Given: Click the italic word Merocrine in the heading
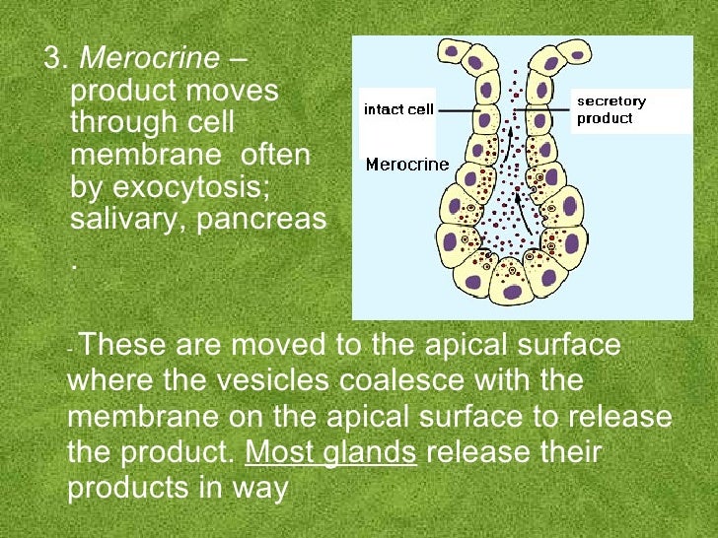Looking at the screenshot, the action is [x=149, y=58].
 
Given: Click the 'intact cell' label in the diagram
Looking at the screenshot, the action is [x=398, y=109].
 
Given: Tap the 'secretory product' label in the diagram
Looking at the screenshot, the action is [x=611, y=109].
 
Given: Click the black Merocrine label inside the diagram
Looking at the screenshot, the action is [x=406, y=165].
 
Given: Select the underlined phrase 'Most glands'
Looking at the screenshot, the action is [x=330, y=453].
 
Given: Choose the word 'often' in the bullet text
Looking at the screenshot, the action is [x=275, y=155].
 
